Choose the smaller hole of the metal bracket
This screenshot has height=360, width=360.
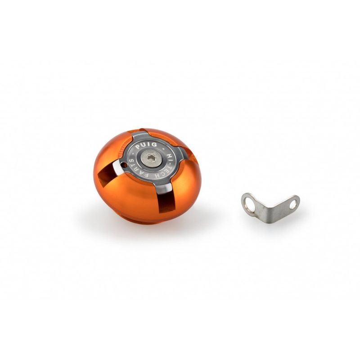293,204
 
